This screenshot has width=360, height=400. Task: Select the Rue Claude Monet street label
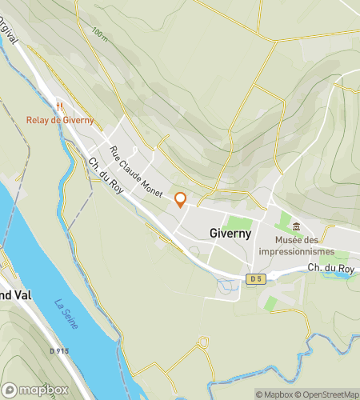click(x=136, y=171)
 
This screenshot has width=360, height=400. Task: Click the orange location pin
click(x=181, y=200)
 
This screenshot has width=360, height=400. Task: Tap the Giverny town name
click(x=230, y=234)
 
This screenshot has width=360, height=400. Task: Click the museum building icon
click(x=297, y=228)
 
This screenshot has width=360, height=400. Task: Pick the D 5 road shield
click(x=255, y=278)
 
